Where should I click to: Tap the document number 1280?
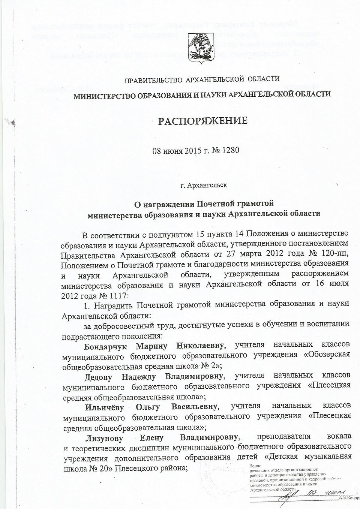231,151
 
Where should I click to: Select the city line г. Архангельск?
203,185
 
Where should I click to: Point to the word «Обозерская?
328,355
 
